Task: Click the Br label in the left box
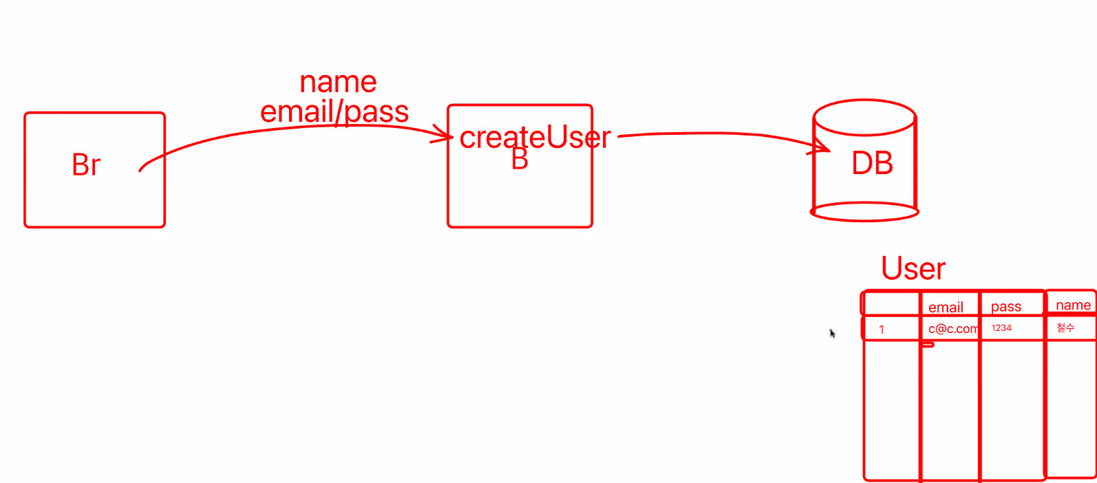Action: coord(86,165)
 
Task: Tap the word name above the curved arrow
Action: coord(338,83)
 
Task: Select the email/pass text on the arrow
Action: coord(334,111)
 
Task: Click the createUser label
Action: coord(535,138)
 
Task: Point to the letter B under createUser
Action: coord(520,160)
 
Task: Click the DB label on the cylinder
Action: coord(872,164)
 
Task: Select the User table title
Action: coord(913,268)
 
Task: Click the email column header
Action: coord(946,308)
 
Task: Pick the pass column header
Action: coord(1005,307)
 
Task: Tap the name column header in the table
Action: coord(1073,305)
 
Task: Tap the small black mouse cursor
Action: coord(832,334)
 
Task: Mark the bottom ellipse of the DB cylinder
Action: coord(864,212)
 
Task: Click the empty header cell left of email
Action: coord(891,304)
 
